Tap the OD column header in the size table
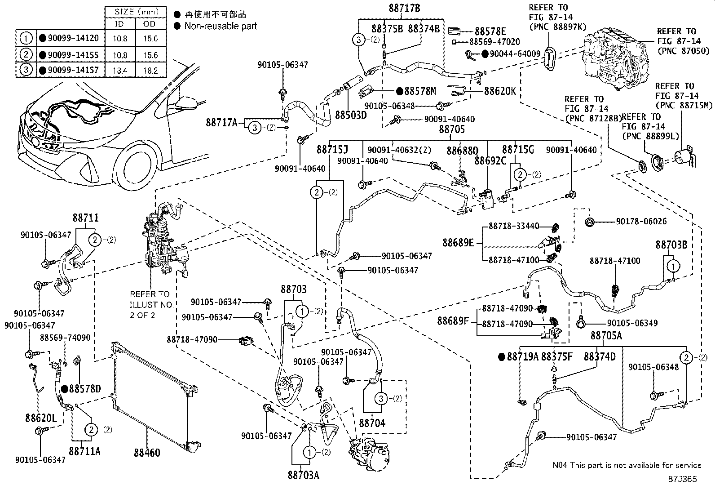(x=150, y=24)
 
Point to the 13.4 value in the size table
(x=120, y=71)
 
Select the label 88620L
(x=41, y=419)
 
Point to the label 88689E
(x=458, y=243)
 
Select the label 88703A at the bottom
(x=303, y=475)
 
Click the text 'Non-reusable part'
(x=221, y=26)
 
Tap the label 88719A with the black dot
(x=522, y=357)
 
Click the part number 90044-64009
(x=515, y=54)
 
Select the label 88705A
(x=606, y=336)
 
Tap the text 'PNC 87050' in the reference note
(x=677, y=51)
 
